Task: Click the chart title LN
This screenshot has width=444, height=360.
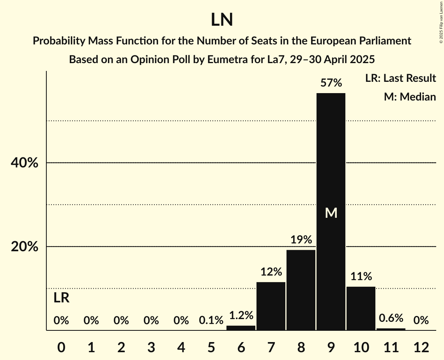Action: click(222, 20)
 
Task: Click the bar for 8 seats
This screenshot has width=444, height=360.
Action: click(301, 290)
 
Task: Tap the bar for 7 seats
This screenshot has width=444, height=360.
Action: click(271, 306)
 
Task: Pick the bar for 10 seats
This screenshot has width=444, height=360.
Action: click(361, 308)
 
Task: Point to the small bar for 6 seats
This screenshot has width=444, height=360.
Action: click(241, 328)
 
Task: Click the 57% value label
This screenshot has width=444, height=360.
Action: click(331, 83)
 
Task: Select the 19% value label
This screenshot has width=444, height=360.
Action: click(301, 240)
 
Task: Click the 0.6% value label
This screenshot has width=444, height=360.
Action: click(391, 318)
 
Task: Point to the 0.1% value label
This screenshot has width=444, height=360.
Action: click(211, 321)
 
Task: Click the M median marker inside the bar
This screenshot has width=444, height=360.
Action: click(331, 213)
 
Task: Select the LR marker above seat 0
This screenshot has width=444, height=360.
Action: click(61, 298)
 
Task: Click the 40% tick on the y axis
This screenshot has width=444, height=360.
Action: click(24, 163)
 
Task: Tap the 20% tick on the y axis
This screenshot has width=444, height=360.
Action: click(24, 247)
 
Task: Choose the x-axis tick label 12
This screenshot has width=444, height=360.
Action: click(421, 347)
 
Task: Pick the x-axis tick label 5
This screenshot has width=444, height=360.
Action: click(211, 347)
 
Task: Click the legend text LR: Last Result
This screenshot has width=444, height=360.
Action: click(400, 78)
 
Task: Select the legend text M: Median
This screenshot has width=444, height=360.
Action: click(410, 97)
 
